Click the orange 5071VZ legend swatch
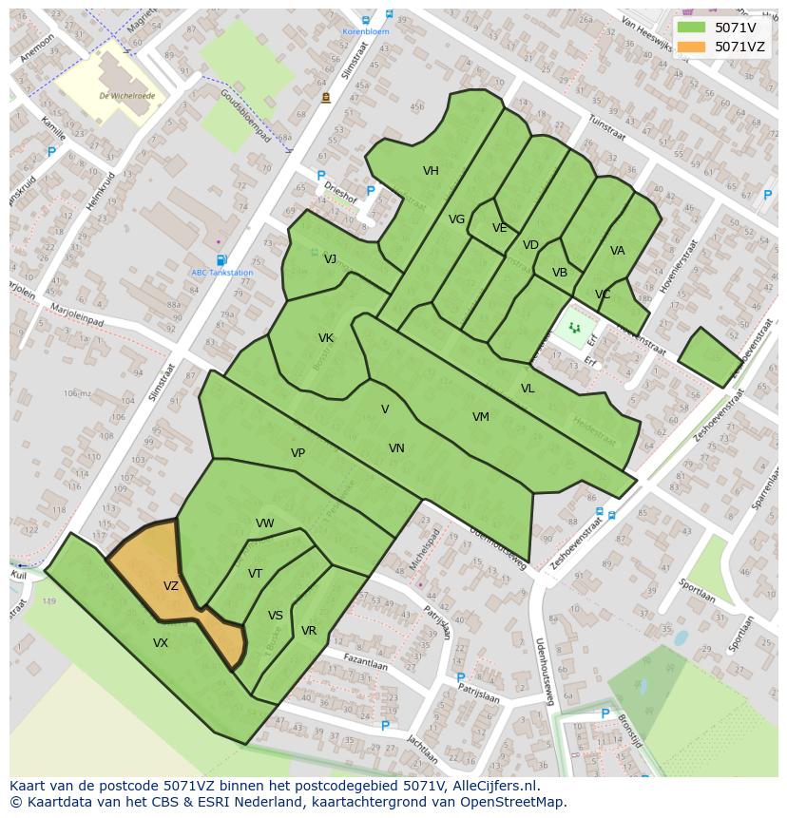692,47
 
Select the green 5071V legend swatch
692,28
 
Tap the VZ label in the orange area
171,586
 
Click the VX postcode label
161,643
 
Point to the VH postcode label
431,171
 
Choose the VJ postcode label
330,259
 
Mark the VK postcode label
326,338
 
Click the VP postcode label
298,453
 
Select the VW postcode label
265,523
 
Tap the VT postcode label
255,574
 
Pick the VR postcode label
309,631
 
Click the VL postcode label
528,389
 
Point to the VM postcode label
481,417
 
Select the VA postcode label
618,251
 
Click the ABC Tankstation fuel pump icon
221,260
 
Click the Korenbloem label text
366,31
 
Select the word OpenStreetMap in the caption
512,802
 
